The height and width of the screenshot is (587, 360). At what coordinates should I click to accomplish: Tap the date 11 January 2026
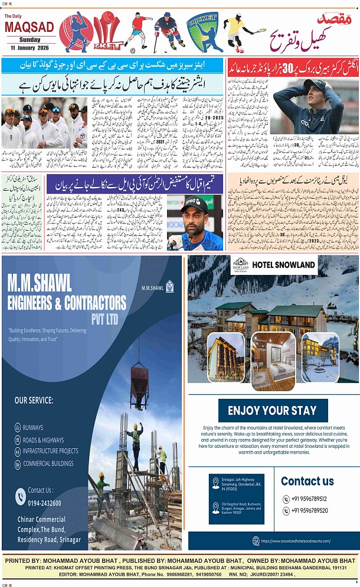(29, 47)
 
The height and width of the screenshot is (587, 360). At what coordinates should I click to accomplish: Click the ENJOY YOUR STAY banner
(272, 411)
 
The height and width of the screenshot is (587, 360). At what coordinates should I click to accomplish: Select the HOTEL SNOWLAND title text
(283, 265)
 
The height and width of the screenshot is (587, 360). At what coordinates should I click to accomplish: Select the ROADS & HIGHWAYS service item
(43, 440)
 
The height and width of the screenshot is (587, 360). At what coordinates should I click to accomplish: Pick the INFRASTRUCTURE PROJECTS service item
(51, 451)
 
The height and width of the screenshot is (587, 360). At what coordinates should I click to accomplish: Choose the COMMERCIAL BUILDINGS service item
(48, 464)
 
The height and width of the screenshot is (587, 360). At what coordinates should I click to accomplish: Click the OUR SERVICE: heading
(34, 401)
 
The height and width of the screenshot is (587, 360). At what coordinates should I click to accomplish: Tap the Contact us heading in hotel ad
(307, 481)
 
